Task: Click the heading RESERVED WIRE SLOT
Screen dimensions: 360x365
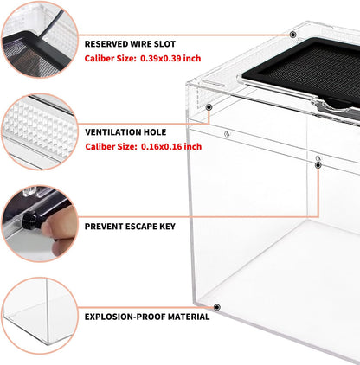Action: [x=130, y=44]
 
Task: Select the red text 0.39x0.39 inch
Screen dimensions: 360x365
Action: [x=170, y=59]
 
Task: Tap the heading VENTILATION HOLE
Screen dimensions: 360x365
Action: [x=125, y=132]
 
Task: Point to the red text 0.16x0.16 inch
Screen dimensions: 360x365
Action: [x=171, y=147]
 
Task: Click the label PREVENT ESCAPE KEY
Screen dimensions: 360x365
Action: [x=130, y=227]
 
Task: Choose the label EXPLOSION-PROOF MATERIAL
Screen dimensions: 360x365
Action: [x=147, y=317]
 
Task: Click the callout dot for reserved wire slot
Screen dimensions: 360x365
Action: [x=292, y=35]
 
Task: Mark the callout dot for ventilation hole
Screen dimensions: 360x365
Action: [x=209, y=107]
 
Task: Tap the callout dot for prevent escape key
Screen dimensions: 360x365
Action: [x=318, y=165]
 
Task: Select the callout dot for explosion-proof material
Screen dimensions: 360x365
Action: [x=217, y=307]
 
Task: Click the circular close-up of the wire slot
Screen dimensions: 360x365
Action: [x=40, y=40]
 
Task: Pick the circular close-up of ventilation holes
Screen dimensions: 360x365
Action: [x=40, y=131]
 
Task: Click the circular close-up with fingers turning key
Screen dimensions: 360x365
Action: [x=40, y=224]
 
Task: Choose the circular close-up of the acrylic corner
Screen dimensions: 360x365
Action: [x=40, y=316]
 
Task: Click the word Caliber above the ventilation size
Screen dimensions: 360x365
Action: [x=99, y=147]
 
